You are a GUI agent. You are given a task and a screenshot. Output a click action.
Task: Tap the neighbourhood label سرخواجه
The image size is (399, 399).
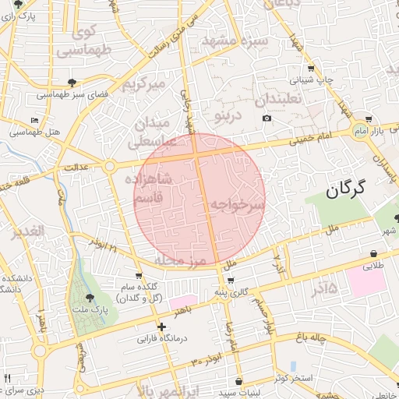pyautogui.click(x=237, y=203)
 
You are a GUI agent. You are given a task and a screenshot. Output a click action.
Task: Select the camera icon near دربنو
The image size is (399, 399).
pyautogui.click(x=267, y=118)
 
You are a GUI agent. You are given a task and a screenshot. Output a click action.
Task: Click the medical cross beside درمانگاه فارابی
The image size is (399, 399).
pyautogui.click(x=161, y=327)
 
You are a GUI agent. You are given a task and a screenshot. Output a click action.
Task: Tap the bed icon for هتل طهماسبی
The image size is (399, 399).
pyautogui.click(x=34, y=120)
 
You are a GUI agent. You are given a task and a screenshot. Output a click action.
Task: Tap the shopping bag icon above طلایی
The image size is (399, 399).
pyautogui.click(x=374, y=254)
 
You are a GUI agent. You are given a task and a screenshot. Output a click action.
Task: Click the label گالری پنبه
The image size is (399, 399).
pyautogui.click(x=232, y=291)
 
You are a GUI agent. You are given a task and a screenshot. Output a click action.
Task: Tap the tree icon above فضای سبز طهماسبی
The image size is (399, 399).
pyautogui.click(x=72, y=82)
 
